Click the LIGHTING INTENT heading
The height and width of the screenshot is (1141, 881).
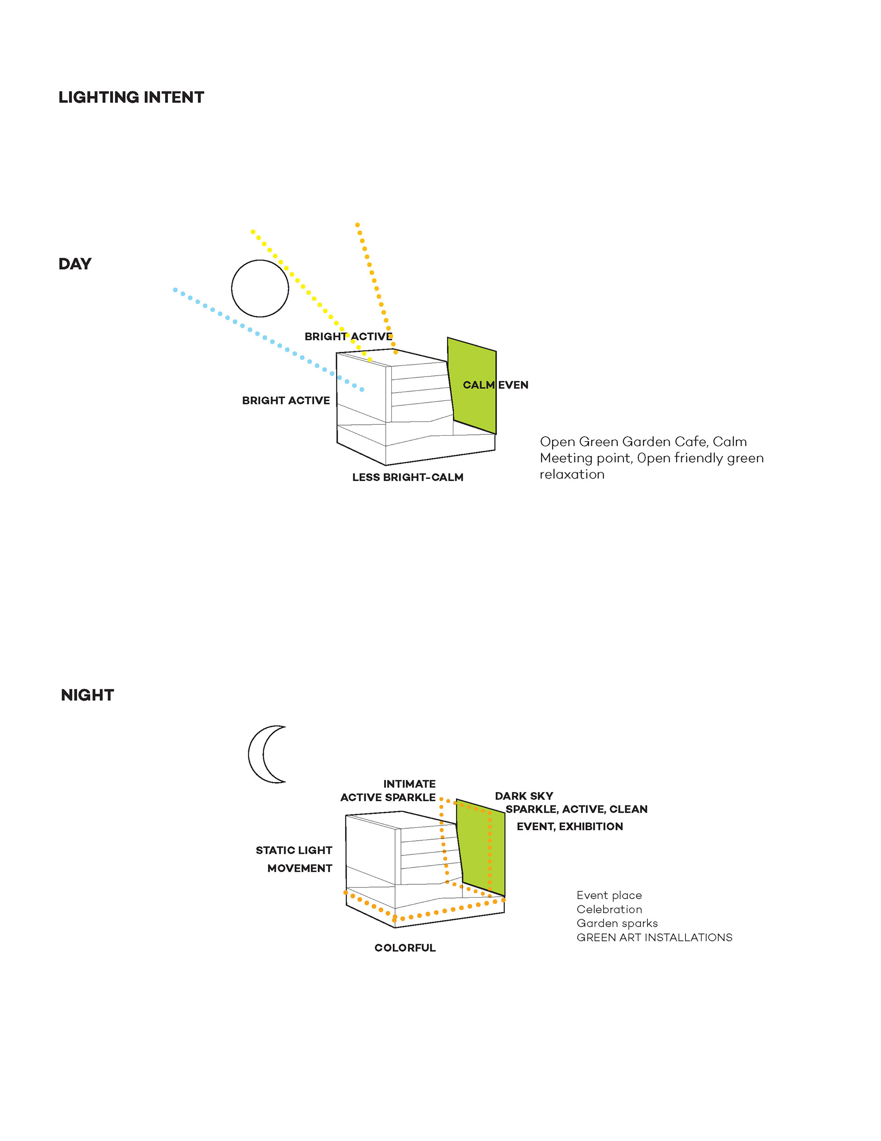point(131,97)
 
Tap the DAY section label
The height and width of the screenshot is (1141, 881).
point(75,264)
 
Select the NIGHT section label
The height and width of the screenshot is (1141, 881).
point(87,695)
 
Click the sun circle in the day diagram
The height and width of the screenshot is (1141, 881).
point(260,288)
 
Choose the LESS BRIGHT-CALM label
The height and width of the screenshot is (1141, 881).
point(407,477)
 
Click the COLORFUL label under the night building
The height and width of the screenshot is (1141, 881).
point(405,948)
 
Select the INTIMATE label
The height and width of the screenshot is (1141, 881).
point(409,784)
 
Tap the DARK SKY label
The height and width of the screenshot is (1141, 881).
point(524,796)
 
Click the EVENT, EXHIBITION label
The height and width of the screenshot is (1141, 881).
point(570,826)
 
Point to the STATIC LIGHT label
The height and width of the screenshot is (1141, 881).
point(294,850)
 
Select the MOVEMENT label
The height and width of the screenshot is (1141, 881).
point(299,868)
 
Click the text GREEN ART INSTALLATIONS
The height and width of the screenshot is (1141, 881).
point(654,937)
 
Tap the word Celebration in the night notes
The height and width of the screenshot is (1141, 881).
point(609,909)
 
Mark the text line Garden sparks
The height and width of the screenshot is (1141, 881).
point(617,923)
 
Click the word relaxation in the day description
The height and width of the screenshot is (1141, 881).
point(572,474)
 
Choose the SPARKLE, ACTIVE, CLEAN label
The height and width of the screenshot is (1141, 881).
point(576,809)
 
